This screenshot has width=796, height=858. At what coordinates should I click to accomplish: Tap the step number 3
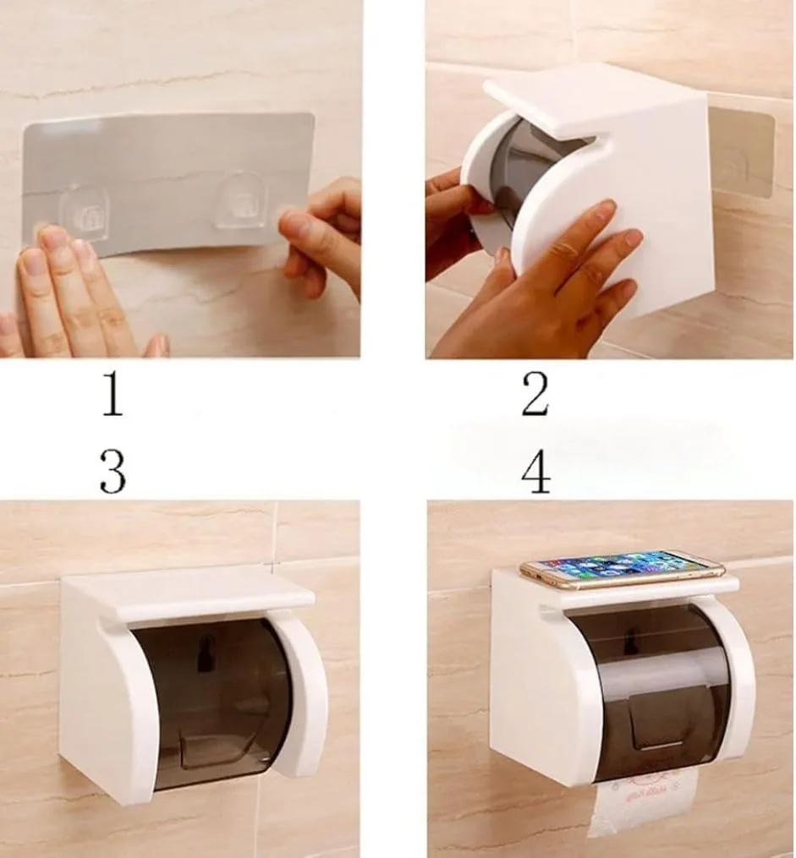coord(113,472)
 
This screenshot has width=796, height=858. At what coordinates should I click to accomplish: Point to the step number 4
coord(536,472)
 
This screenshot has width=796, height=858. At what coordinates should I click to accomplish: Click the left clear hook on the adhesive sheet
coord(85,214)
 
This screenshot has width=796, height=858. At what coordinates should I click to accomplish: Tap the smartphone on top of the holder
coord(622,570)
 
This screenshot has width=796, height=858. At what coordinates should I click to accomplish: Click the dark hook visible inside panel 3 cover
coord(205,653)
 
